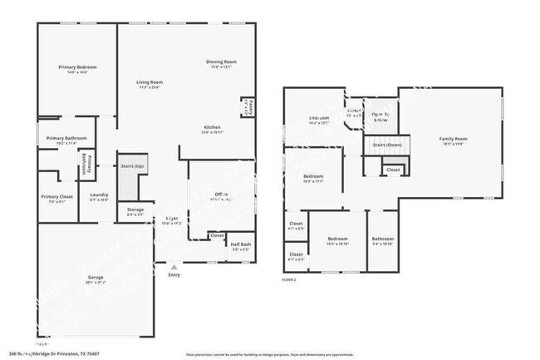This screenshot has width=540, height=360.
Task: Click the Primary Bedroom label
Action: click(76, 67)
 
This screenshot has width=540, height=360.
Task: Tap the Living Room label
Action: click(150, 82)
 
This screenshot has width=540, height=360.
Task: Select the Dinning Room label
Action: click(222, 62)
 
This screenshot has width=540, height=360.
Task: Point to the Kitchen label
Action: click(212, 127)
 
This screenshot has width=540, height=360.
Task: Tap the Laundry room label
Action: click(100, 195)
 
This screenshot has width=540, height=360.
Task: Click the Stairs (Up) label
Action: click(133, 165)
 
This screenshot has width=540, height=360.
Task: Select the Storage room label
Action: click(135, 210)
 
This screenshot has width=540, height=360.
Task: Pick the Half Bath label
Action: click(241, 244)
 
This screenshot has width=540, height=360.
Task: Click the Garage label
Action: click(96, 279)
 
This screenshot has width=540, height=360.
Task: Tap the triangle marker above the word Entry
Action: click(173, 268)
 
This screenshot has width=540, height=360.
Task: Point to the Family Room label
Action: click(454, 139)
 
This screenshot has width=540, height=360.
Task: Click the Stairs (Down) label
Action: click(387, 145)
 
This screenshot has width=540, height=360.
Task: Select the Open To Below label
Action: click(381, 116)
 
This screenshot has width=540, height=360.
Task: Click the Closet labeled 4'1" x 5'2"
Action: click(296, 256)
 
